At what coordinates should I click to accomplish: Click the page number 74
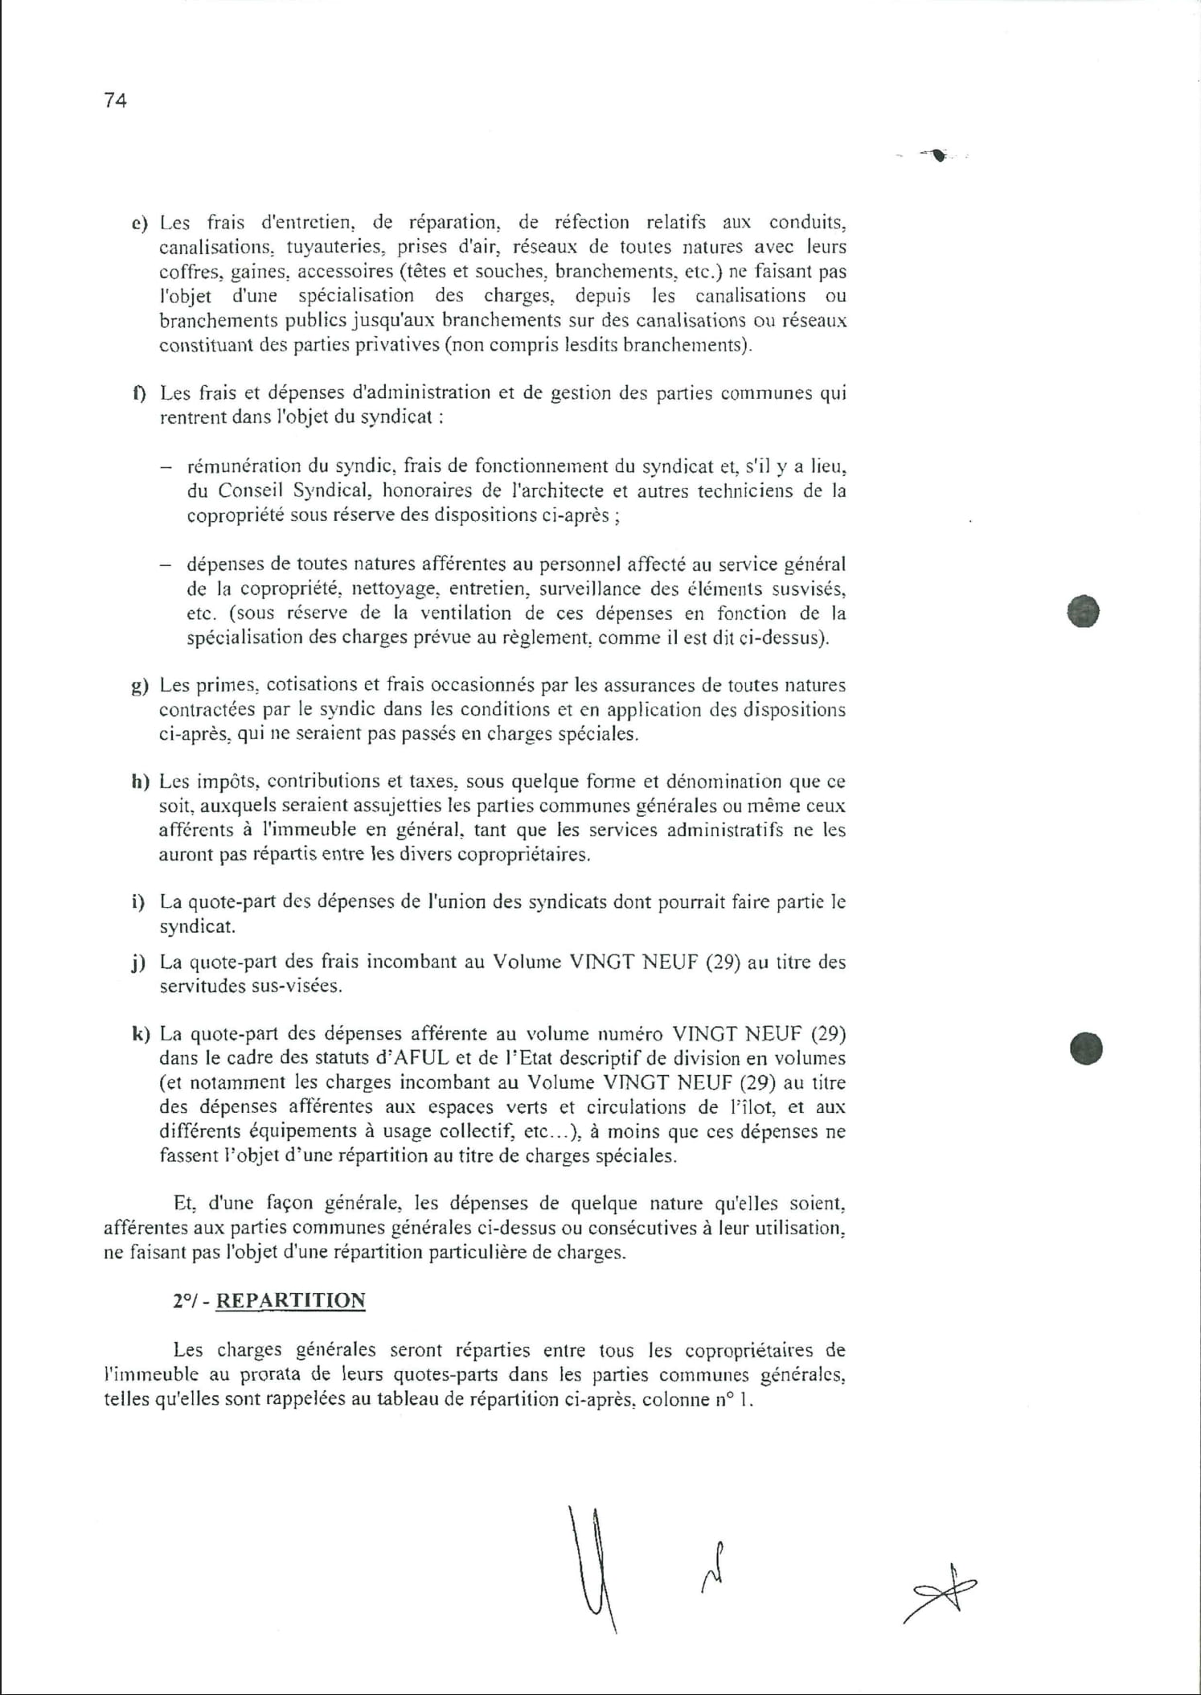116,101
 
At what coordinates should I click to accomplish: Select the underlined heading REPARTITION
290,1301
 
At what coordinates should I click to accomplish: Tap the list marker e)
140,223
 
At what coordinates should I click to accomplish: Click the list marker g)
140,686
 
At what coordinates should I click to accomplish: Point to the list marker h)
140,782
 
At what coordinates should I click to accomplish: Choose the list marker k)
140,1034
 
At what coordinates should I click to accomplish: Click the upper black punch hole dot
1083,612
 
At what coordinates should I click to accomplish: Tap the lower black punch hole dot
1086,1049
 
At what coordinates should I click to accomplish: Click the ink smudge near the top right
936,154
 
